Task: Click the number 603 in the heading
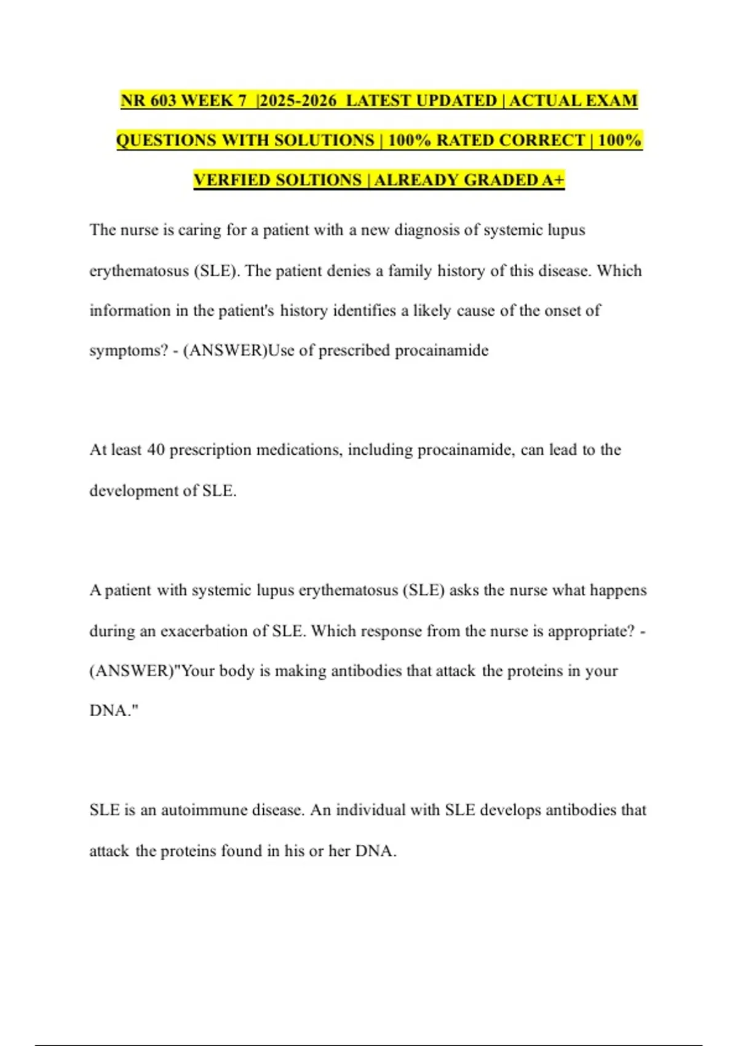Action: (x=163, y=100)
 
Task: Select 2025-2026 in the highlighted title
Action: (x=298, y=100)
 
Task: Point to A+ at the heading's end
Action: (x=553, y=180)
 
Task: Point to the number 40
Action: (x=156, y=450)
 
